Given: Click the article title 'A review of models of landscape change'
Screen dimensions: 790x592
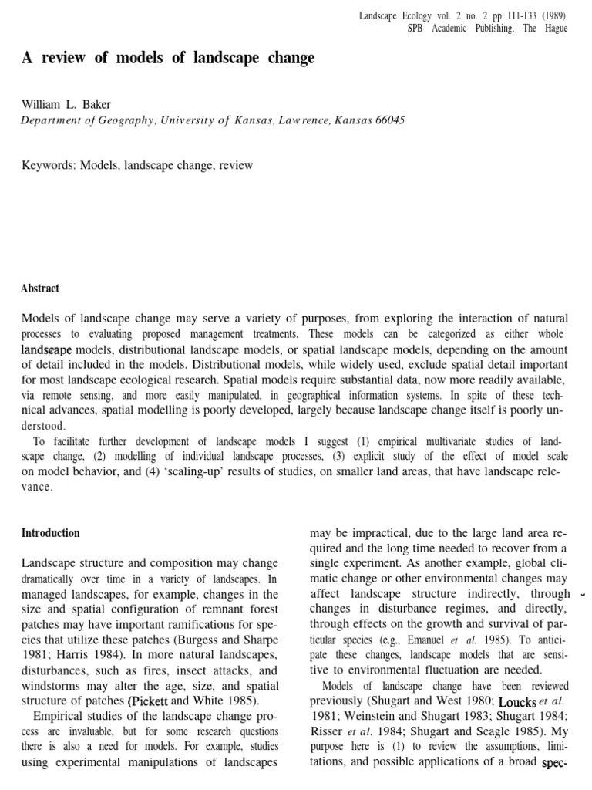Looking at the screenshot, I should point(168,58).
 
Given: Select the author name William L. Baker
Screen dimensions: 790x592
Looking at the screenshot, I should point(66,104).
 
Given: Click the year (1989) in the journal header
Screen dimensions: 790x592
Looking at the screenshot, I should point(553,15).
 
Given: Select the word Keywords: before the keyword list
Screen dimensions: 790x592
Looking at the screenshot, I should point(48,165).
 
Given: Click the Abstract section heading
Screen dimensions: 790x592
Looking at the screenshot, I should point(40,289).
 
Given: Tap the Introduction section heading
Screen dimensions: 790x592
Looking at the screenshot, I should point(50,533).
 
